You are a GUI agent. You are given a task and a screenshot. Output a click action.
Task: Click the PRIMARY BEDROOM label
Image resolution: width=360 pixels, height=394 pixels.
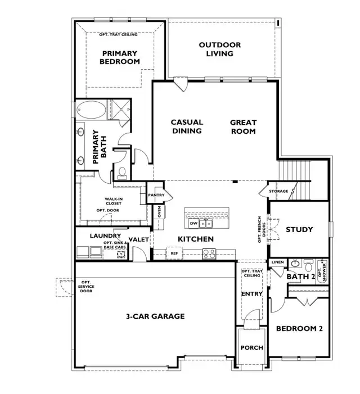120,57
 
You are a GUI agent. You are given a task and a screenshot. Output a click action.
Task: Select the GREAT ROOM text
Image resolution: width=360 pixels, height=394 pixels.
243,126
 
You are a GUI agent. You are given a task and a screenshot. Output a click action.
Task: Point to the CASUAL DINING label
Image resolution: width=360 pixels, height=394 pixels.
187,126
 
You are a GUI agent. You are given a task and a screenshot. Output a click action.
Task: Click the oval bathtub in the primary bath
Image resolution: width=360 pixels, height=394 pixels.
91,110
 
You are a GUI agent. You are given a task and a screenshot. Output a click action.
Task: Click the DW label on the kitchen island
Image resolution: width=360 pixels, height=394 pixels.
193,223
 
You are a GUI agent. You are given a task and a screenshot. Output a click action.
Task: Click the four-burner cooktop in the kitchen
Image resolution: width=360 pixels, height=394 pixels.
209,253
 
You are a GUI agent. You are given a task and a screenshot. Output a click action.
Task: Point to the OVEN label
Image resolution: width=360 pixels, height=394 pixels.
159,211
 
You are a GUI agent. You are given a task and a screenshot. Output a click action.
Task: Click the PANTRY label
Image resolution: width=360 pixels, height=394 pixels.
156,195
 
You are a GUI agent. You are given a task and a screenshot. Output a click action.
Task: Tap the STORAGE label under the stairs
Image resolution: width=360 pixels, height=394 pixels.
278,192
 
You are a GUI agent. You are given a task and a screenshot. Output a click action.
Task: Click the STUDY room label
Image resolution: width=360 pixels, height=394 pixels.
299,229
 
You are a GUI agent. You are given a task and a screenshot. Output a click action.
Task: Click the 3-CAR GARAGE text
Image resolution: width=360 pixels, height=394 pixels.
155,316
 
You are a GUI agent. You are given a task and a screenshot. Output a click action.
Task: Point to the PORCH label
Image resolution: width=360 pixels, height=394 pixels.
251,347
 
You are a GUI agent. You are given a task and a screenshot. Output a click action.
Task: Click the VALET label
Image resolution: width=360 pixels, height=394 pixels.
138,239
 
